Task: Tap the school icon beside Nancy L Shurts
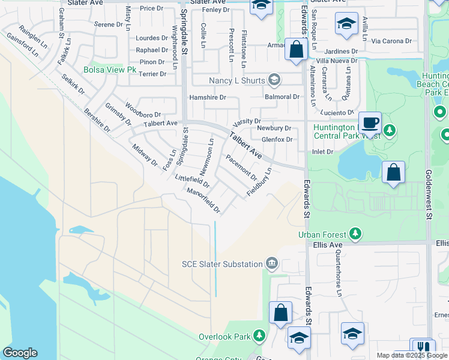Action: coord(274,80)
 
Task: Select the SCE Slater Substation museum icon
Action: coord(272,264)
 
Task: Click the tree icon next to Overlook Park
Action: coord(259,336)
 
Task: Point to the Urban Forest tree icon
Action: coord(355,234)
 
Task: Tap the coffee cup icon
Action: coord(370,122)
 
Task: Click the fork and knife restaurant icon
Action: coord(423,349)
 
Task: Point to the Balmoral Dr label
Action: coord(282,97)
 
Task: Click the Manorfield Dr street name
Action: coord(204,200)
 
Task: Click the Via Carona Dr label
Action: coord(392,41)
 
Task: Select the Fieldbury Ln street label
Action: coord(259,183)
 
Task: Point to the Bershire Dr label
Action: coord(97,120)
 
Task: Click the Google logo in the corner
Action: coord(20,353)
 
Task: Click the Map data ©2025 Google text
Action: coord(412,355)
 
